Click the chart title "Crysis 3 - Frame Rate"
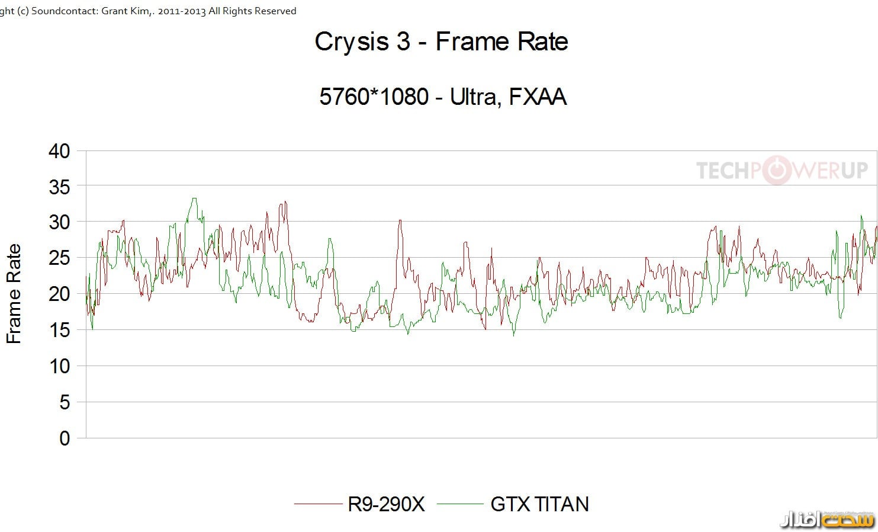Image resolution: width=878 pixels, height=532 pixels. (441, 41)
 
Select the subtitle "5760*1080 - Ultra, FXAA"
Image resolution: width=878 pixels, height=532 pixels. (443, 97)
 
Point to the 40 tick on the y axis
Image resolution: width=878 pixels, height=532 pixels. (59, 150)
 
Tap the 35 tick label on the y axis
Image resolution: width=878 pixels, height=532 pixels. (59, 187)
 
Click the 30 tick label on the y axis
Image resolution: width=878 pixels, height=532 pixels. (59, 222)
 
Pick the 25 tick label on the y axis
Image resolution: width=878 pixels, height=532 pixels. (59, 258)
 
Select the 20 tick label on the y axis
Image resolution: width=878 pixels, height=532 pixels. (59, 294)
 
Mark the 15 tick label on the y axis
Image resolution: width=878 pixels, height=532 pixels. (59, 330)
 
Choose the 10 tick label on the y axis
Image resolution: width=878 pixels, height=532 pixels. (59, 366)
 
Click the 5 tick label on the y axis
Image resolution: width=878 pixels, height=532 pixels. (65, 402)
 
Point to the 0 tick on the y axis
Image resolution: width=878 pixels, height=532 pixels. (65, 438)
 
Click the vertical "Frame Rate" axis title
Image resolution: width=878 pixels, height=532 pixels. (14, 294)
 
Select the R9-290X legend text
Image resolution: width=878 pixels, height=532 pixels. (386, 504)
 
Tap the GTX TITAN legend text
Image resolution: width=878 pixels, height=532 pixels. (539, 504)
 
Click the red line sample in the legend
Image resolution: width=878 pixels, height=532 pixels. (318, 504)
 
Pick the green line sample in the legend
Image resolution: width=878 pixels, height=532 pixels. (460, 504)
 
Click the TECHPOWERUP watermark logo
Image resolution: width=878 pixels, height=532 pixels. (781, 171)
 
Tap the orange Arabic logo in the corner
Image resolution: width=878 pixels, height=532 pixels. (827, 520)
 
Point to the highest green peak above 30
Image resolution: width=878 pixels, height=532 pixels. (194, 199)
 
